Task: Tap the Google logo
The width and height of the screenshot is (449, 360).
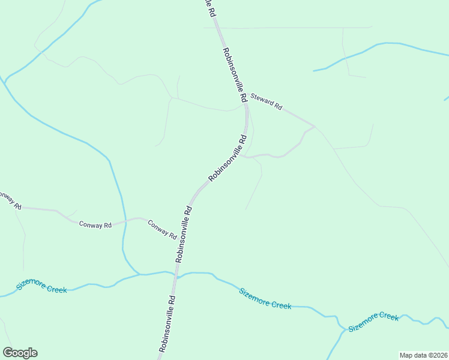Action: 20,353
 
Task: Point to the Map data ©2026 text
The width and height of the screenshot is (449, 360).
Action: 423,355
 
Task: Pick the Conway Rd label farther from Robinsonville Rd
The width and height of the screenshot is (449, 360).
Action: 95,224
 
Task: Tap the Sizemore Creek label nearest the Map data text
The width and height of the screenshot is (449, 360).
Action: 373,322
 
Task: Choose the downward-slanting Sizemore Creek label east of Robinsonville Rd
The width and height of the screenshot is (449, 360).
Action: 265,298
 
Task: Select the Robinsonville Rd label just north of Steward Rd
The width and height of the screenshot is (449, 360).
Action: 234,74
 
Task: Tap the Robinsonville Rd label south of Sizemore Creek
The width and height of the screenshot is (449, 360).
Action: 167,323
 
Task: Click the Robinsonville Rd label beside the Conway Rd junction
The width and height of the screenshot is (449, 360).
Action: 183,235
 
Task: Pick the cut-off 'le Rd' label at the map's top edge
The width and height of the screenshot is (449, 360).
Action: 209,7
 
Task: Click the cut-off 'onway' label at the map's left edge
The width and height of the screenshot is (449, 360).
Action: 9,199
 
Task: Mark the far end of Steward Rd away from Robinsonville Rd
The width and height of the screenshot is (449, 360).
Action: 314,126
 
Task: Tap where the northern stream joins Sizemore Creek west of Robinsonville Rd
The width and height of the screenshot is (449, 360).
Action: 140,274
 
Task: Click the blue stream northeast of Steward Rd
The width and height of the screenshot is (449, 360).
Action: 384,46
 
